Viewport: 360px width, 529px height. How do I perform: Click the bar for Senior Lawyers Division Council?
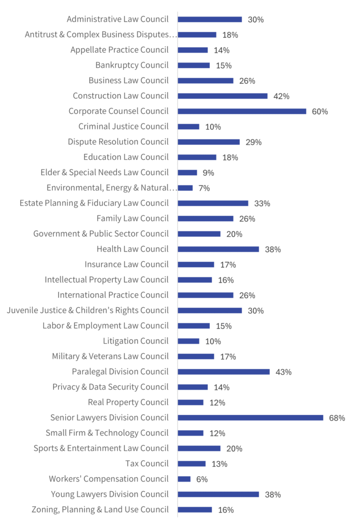[251, 417]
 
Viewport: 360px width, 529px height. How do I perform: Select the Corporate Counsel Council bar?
[242, 111]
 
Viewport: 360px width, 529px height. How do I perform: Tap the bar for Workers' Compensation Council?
[184, 479]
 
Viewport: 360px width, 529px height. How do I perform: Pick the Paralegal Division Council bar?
[224, 371]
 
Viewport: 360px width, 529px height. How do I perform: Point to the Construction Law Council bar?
[223, 96]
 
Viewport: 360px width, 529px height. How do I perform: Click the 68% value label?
[337, 418]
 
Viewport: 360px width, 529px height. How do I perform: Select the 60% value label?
[320, 112]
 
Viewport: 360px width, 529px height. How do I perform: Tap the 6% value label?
[202, 479]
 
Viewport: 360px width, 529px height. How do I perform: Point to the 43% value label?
[284, 372]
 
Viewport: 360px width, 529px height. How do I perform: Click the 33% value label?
[262, 204]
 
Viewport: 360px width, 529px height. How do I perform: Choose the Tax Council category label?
[147, 463]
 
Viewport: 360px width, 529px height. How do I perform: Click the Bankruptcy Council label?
[132, 65]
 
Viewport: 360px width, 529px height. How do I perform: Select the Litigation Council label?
[135, 341]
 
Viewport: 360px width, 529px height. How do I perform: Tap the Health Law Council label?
[132, 249]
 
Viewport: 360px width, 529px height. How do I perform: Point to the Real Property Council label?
[128, 402]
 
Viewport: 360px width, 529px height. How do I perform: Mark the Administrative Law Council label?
[117, 19]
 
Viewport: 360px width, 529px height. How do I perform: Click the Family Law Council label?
[132, 219]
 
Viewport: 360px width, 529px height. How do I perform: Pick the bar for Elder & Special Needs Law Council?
[187, 173]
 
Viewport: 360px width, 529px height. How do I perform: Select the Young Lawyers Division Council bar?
[218, 494]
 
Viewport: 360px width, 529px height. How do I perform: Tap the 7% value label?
[204, 188]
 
